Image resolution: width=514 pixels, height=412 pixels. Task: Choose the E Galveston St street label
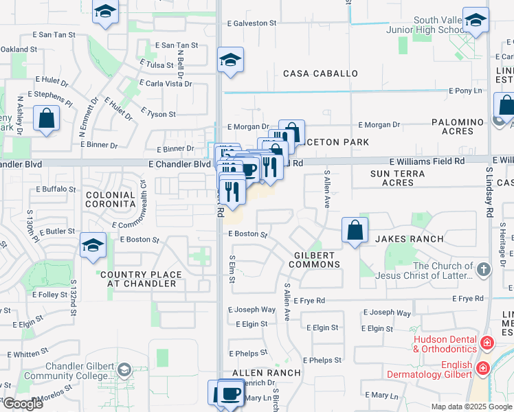pos(252,23)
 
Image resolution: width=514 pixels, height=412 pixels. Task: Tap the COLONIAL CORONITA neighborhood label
pos(110,200)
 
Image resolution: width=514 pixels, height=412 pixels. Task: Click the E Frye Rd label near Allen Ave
pos(309,301)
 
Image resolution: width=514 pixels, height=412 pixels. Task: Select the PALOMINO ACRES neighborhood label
pos(458,126)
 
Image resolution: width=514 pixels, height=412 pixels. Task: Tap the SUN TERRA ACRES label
pos(402,178)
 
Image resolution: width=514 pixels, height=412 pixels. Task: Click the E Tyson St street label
pos(158,114)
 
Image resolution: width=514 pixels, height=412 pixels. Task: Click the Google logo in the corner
pos(22,404)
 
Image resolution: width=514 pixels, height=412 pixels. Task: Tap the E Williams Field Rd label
pos(426,161)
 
